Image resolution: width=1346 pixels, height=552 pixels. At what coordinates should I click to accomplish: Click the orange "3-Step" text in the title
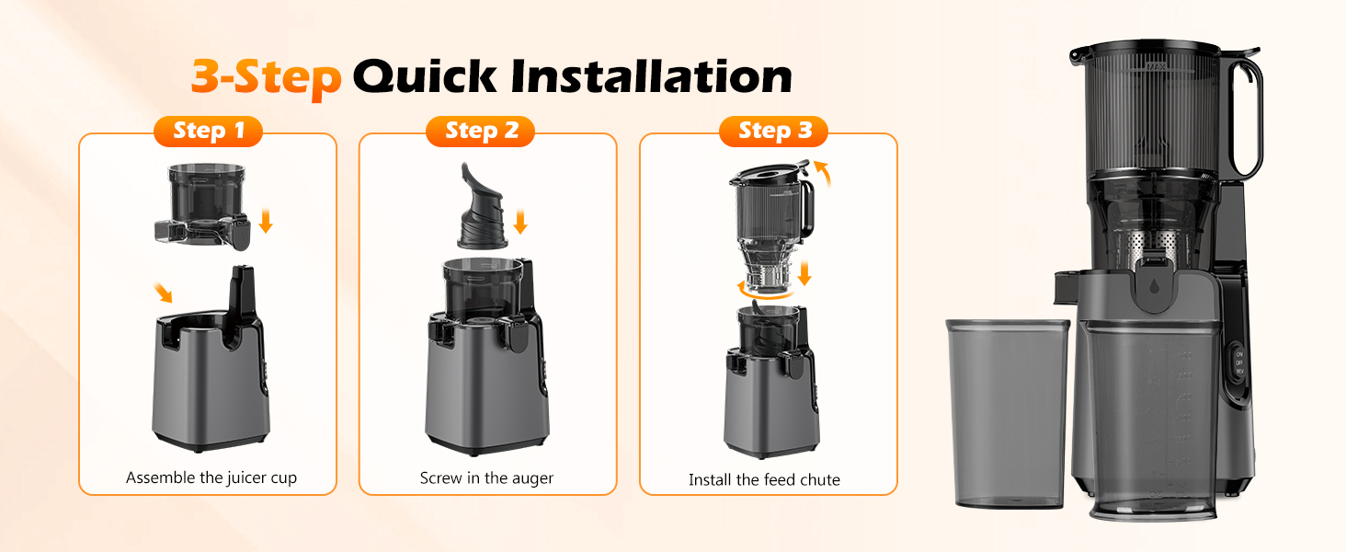click(266, 77)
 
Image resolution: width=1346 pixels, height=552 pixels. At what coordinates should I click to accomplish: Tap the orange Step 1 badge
click(208, 132)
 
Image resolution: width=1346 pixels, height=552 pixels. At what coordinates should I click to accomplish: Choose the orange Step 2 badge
click(481, 132)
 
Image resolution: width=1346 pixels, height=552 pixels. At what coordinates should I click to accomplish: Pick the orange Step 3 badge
click(774, 132)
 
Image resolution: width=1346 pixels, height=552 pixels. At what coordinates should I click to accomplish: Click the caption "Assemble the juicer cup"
click(211, 477)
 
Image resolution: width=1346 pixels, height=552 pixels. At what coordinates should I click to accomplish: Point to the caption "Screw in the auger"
click(486, 477)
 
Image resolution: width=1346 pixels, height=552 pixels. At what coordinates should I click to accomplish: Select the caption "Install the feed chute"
click(764, 479)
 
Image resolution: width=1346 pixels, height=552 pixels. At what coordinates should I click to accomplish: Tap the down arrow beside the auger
click(520, 222)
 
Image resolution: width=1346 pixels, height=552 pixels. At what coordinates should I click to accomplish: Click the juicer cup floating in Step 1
click(202, 207)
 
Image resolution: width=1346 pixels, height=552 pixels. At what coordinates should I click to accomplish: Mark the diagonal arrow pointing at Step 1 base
click(163, 292)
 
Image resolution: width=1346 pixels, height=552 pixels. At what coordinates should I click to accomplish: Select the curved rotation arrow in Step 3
click(763, 292)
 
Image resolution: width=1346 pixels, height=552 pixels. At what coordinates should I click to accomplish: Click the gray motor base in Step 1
click(210, 386)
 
